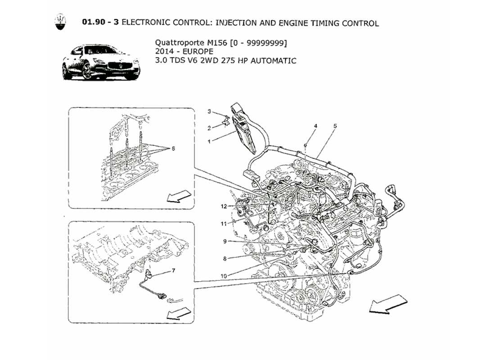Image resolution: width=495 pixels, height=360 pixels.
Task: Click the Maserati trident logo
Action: [59, 22]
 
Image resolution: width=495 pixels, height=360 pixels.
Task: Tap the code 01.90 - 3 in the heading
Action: [100, 22]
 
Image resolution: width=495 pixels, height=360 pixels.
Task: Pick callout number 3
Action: [209, 111]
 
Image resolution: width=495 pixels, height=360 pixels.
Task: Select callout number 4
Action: [315, 126]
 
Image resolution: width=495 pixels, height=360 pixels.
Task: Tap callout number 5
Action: [335, 126]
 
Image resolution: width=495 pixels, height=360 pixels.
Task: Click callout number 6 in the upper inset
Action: [173, 148]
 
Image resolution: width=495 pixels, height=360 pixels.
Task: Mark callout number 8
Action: [225, 259]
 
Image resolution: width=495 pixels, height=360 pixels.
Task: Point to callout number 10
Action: [224, 275]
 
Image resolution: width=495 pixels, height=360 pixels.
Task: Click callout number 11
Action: [224, 224]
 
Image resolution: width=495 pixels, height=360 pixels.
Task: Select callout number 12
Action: [224, 207]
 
